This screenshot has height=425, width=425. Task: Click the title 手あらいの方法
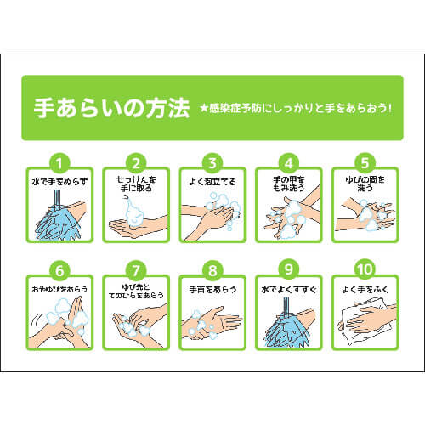tap(111, 108)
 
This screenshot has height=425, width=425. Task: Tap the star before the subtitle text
tap(204, 108)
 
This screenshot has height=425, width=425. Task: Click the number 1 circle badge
tap(59, 163)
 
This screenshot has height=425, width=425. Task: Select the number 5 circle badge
tap(365, 163)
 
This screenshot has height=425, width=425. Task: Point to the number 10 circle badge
tap(365, 269)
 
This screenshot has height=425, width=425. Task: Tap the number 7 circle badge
tap(136, 269)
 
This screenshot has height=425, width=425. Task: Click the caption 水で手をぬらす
tap(59, 182)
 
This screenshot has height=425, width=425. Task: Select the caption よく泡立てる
tap(212, 182)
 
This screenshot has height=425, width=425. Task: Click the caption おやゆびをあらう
tap(59, 289)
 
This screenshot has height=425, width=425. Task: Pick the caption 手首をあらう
tap(212, 289)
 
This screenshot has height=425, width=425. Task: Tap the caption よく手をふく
tap(365, 289)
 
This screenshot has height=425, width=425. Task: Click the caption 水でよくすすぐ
tap(289, 289)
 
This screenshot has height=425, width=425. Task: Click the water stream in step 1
tap(58, 200)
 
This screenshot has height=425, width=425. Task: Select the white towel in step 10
tap(365, 323)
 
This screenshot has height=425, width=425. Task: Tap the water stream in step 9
tap(286, 307)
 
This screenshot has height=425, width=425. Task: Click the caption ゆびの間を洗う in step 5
tap(365, 184)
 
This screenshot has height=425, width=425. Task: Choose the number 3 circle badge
tap(212, 163)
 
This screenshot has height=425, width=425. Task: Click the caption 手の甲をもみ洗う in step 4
tap(289, 184)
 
